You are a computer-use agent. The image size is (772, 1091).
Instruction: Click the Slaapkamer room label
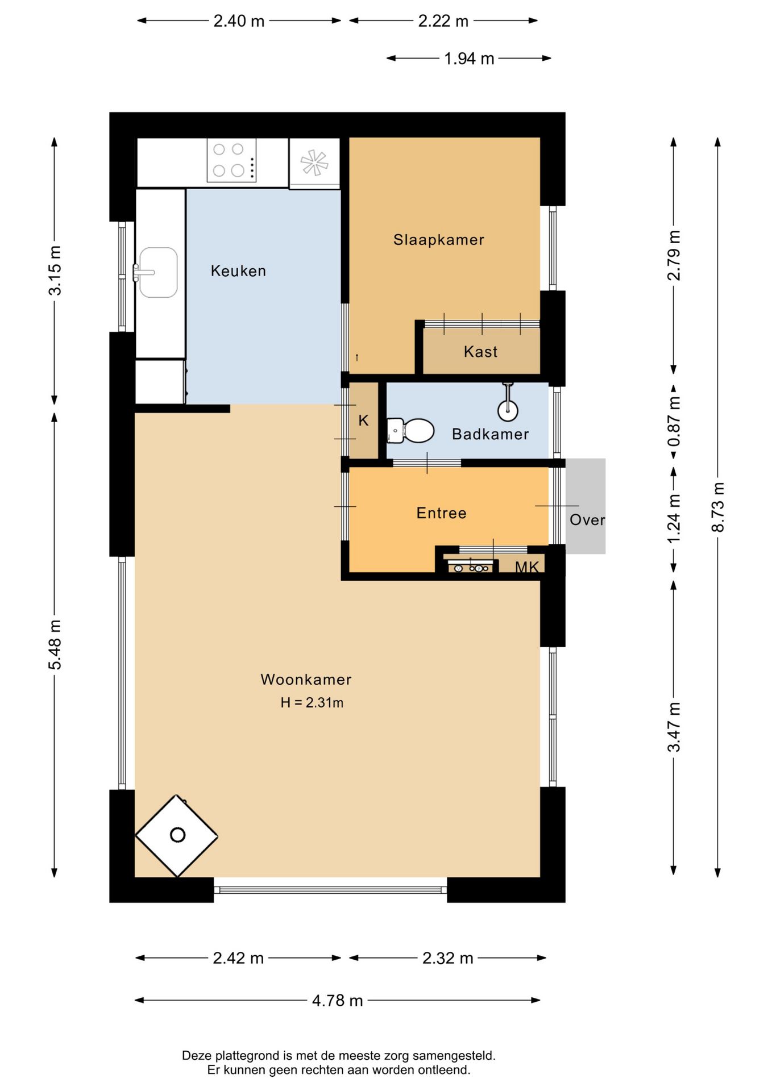[x=438, y=240]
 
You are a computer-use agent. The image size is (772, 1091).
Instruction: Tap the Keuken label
[x=238, y=271]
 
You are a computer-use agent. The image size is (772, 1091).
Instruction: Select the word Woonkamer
[x=306, y=680]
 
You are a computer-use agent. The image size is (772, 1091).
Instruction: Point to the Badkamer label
[x=490, y=434]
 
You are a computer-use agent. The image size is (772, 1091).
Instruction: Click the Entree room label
[x=441, y=513]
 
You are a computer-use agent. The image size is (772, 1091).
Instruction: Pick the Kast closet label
[x=480, y=352]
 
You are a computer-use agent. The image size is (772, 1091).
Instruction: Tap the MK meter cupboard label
[x=526, y=567]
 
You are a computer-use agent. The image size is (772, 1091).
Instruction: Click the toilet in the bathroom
[x=410, y=431]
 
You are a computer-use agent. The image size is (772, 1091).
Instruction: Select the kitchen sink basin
[x=158, y=272]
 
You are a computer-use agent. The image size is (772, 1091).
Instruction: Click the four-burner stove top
[x=231, y=160]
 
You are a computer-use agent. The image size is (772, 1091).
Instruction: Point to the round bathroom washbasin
[x=508, y=410]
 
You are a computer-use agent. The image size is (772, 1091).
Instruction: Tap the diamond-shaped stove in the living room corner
[x=176, y=835]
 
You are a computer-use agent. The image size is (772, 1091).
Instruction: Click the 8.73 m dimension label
[x=718, y=507]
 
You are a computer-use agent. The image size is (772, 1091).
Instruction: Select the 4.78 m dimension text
[x=337, y=1000]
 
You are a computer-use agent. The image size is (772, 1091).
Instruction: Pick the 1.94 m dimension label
[x=469, y=59]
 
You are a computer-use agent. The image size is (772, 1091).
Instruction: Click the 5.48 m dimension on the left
[x=55, y=644]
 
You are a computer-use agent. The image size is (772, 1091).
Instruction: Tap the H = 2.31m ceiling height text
[x=312, y=703]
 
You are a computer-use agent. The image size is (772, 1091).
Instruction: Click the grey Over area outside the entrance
[x=586, y=506]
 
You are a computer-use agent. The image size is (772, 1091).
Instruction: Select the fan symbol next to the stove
[x=314, y=163]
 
